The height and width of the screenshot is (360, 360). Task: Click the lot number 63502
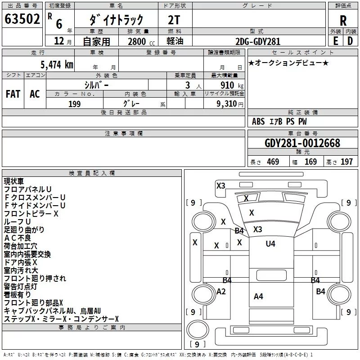(x=22, y=20)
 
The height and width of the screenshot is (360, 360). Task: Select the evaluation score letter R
(x=343, y=21)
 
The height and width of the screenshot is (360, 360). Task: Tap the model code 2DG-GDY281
(x=258, y=41)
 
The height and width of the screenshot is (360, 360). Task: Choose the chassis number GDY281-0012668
(x=302, y=143)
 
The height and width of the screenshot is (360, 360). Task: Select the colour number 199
(x=74, y=104)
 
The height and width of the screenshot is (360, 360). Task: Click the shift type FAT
(x=13, y=94)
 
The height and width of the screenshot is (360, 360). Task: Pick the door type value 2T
(x=175, y=20)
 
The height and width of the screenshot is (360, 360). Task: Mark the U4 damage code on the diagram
(x=270, y=243)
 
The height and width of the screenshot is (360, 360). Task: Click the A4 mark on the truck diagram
(x=258, y=296)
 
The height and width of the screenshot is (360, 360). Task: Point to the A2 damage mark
(x=221, y=291)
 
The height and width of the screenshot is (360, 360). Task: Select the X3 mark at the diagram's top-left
(x=220, y=185)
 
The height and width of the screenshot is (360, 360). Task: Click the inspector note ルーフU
(x=18, y=222)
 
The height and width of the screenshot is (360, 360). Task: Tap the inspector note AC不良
(x=18, y=238)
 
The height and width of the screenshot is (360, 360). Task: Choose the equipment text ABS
(x=258, y=121)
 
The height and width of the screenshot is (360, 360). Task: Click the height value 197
(x=346, y=162)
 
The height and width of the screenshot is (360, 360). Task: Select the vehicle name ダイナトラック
(x=116, y=20)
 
